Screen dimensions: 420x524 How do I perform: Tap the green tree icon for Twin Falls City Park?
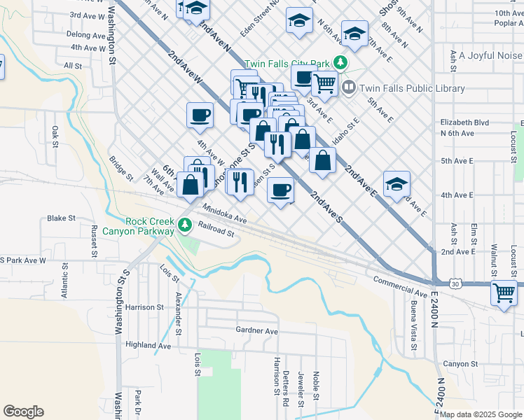pos(340,62)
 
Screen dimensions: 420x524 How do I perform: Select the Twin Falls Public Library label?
pos(412,88)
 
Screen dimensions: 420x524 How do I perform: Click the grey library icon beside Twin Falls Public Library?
pos(349,87)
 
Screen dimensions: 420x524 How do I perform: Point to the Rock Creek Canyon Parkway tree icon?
pos(184,225)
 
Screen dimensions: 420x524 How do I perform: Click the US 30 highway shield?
pos(455,284)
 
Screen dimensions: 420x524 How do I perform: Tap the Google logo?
pos(23,412)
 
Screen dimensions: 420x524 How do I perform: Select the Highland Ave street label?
pos(148,345)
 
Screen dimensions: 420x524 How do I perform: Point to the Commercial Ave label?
pos(400,286)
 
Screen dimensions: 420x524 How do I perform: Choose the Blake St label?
pos(61,218)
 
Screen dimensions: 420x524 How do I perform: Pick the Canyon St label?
pos(460,364)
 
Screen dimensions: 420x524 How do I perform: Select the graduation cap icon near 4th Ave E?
pos(397,184)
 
